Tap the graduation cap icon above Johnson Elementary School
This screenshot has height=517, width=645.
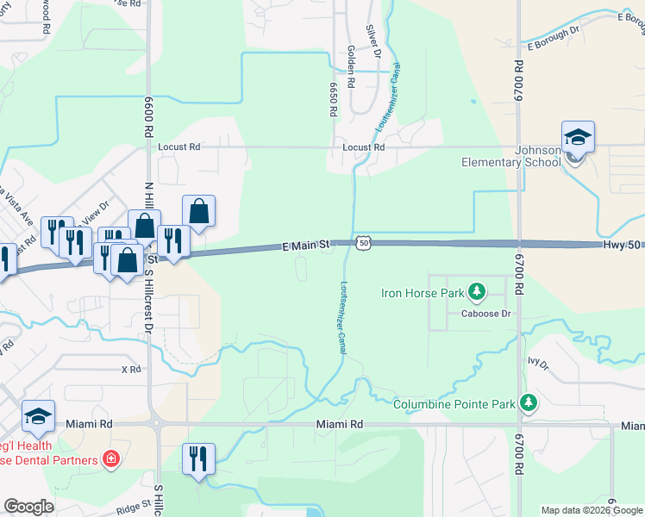pos(578,137)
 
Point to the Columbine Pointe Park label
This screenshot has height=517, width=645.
pos(454,404)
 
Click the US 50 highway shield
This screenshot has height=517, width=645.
pos(365,244)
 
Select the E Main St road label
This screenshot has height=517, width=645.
pos(306,246)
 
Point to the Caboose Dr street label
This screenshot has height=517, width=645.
pos(487,314)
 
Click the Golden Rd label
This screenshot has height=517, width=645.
pos(352,68)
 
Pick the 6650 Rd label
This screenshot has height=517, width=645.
pos(332,99)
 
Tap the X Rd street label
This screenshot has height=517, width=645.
pos(131,369)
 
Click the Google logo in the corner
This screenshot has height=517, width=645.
pos(28,507)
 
